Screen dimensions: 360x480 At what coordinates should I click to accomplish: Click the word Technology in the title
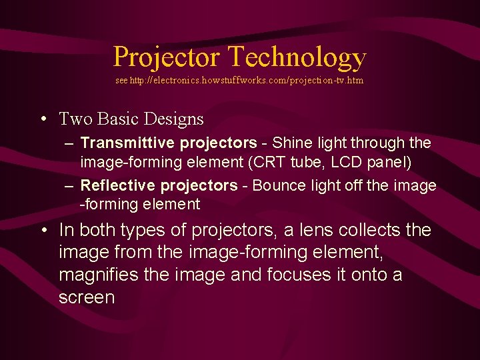[297, 57]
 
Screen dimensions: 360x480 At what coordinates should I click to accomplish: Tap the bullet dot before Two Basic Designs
[42, 120]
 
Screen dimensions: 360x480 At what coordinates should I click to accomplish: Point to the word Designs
[172, 119]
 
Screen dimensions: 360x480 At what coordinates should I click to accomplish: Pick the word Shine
[290, 143]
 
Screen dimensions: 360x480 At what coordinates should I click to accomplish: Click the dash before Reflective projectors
[70, 185]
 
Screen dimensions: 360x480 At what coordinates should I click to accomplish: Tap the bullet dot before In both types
[42, 231]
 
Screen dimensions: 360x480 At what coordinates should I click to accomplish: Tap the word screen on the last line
[87, 297]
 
